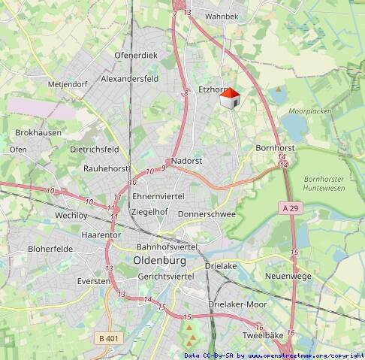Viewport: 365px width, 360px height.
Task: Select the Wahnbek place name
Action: (222, 16)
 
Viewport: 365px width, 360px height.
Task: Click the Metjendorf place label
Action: (68, 84)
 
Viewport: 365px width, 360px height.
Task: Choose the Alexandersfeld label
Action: (130, 78)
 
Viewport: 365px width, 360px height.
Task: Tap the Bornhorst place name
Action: (275, 148)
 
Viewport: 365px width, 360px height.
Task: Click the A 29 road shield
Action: (292, 207)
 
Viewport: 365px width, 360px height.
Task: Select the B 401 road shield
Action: (109, 339)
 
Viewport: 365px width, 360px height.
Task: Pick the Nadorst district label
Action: (187, 161)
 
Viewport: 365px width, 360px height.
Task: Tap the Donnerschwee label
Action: (207, 214)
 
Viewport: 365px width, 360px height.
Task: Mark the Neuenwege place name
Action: (288, 277)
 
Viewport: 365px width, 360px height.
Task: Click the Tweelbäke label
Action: (263, 335)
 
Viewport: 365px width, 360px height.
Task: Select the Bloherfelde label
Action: (50, 249)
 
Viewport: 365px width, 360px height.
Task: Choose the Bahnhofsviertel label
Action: (167, 247)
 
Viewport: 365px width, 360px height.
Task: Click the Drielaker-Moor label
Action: (237, 304)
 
